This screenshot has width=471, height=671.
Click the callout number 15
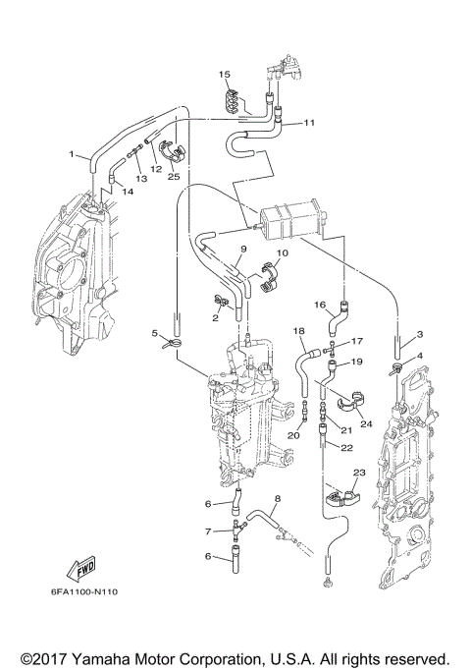pyautogui.click(x=224, y=75)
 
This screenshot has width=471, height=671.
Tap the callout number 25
pyautogui.click(x=174, y=177)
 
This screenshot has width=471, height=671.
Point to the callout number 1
pyautogui.click(x=72, y=154)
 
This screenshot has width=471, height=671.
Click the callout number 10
pyautogui.click(x=282, y=253)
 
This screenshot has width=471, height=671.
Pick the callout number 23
pyautogui.click(x=359, y=474)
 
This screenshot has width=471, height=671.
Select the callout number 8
pyautogui.click(x=278, y=499)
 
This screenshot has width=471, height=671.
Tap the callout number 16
pyautogui.click(x=319, y=306)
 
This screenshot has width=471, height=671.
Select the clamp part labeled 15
pyautogui.click(x=232, y=96)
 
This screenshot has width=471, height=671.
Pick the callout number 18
pyautogui.click(x=299, y=332)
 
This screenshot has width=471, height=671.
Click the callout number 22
pyautogui.click(x=346, y=448)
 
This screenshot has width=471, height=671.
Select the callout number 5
pyautogui.click(x=155, y=334)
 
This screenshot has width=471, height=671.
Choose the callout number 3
pyautogui.click(x=419, y=335)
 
